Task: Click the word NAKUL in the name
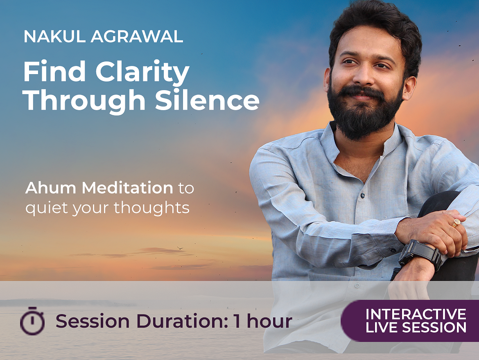click(55, 36)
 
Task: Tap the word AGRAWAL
click(137, 36)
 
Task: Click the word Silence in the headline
click(207, 100)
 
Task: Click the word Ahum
click(51, 187)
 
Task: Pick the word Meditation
click(127, 187)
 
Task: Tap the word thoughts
click(151, 208)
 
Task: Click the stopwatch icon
click(32, 321)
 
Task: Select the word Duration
click(181, 321)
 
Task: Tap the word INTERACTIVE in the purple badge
click(416, 314)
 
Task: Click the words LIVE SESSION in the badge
click(416, 327)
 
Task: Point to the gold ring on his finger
click(456, 223)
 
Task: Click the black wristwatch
click(420, 254)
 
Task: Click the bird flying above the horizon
click(180, 248)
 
